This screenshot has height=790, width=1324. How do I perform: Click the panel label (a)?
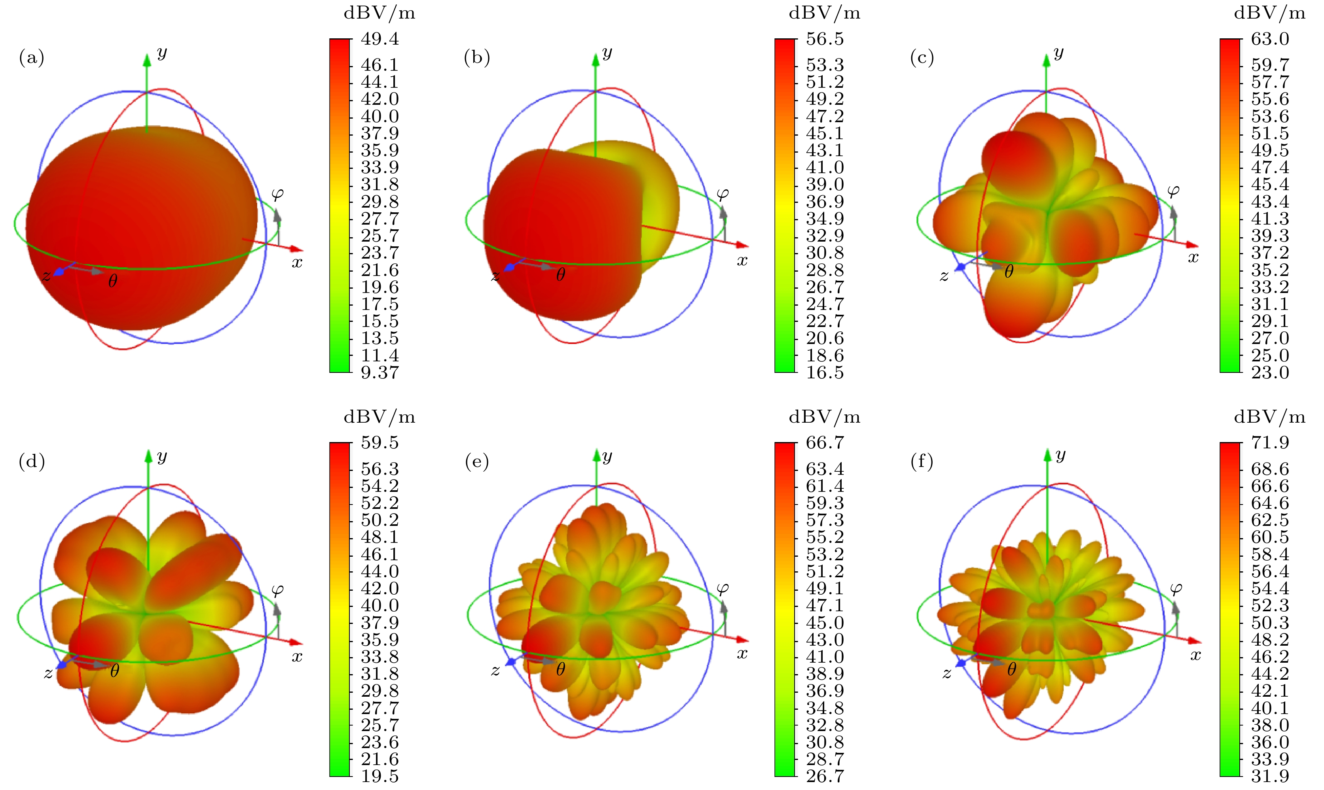31,57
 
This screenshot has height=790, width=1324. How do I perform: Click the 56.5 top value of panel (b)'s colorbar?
825,39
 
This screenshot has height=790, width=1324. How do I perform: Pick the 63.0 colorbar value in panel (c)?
1270,39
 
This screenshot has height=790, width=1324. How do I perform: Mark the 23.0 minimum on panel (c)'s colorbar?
1270,372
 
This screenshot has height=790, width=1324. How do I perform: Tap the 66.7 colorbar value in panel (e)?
825,443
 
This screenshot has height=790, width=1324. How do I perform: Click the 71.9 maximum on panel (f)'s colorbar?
1270,443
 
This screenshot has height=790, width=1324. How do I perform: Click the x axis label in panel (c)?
1193,258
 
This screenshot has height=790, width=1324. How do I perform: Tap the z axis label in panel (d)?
48,673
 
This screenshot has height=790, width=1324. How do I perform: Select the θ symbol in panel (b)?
560,275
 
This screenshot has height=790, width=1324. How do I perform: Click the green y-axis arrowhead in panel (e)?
596,455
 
